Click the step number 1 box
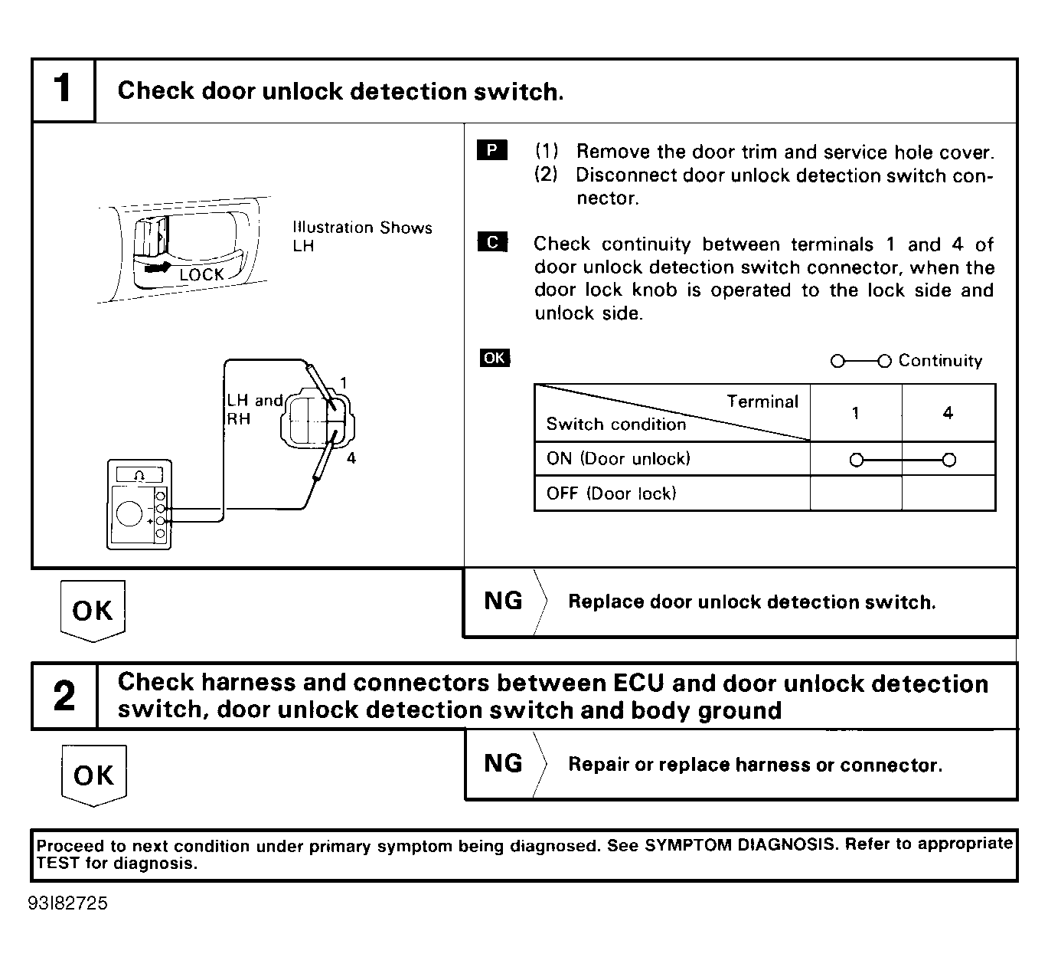point(64,90)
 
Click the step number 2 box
point(64,696)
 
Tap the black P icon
point(491,150)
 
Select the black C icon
point(491,243)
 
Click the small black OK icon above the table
point(494,358)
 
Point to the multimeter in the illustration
point(139,503)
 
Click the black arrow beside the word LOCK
point(159,269)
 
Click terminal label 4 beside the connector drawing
point(351,458)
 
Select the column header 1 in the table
point(855,413)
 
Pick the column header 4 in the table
point(948,413)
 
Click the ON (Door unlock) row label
point(619,459)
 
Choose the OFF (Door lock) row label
point(611,493)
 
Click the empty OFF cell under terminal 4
point(948,493)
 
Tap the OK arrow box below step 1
point(93,611)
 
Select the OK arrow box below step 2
point(93,775)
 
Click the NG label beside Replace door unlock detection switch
point(503,601)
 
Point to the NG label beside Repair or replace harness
point(503,763)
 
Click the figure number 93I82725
point(68,903)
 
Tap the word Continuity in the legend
point(940,360)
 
